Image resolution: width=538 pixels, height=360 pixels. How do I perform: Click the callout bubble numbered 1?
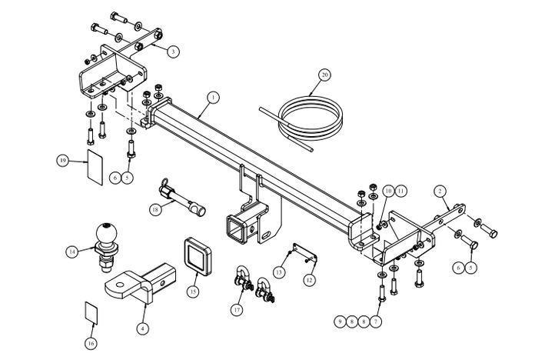point(213,98)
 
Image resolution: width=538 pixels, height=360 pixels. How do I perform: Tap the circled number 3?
point(174,52)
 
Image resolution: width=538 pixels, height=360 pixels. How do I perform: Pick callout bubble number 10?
point(389,190)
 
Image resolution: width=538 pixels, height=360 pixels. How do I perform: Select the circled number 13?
point(281,272)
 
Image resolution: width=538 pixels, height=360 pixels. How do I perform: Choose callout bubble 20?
point(324,75)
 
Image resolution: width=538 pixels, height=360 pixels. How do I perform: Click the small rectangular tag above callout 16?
point(91,312)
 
